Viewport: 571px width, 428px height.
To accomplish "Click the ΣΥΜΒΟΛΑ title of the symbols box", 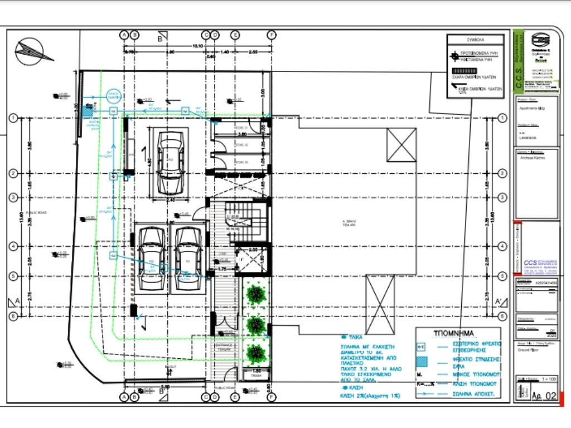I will coord(476,41).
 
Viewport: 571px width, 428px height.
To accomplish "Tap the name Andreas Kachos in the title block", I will coord(532,158).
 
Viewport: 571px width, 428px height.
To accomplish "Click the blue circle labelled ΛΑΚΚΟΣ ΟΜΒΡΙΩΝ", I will coord(114,94).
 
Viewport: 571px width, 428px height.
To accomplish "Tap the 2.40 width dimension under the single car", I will coord(171,200).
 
